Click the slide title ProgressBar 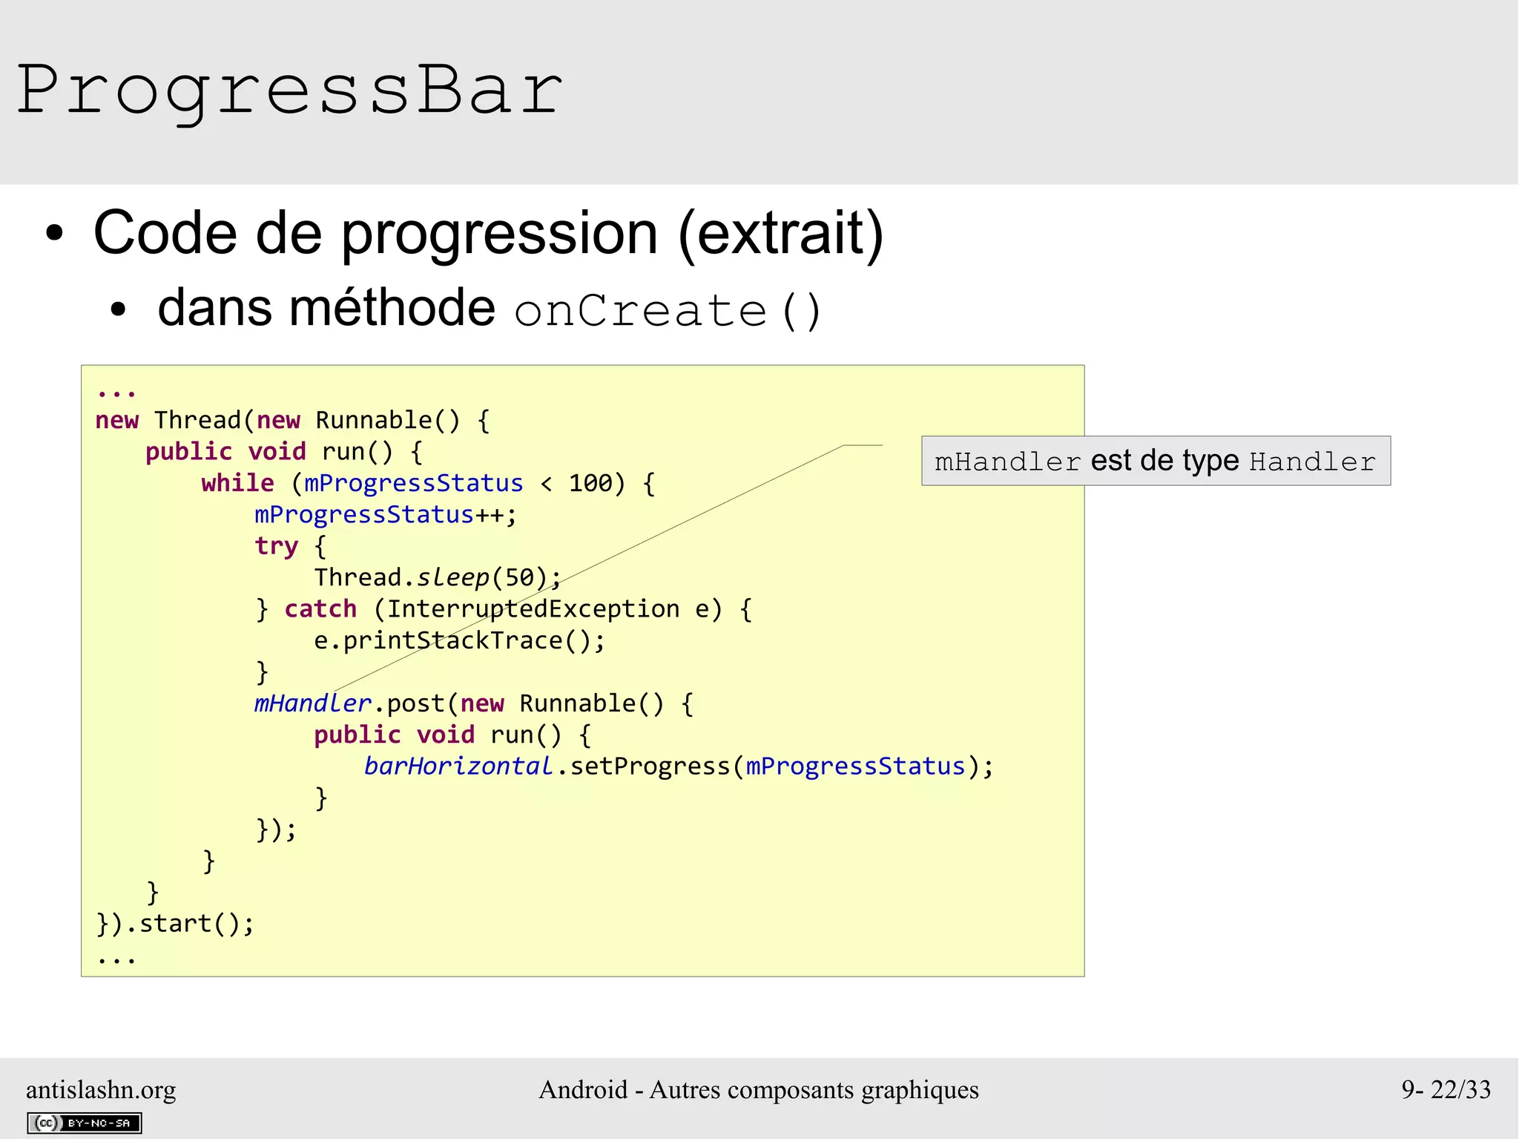pos(289,91)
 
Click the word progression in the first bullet pos(499,234)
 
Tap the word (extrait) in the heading pos(780,234)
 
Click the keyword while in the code pos(237,484)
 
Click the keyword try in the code pos(276,547)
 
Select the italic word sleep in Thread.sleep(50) pos(452,578)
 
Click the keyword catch pos(320,609)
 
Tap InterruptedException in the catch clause pos(533,609)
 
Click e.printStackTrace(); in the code pos(459,641)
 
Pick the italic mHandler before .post pos(312,703)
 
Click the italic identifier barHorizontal pos(458,767)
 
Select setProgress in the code pos(650,767)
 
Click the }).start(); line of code pos(175,924)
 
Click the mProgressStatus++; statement pos(385,515)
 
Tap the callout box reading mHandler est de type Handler pos(1156,462)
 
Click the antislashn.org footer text pos(101,1090)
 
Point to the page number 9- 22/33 pos(1446,1090)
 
